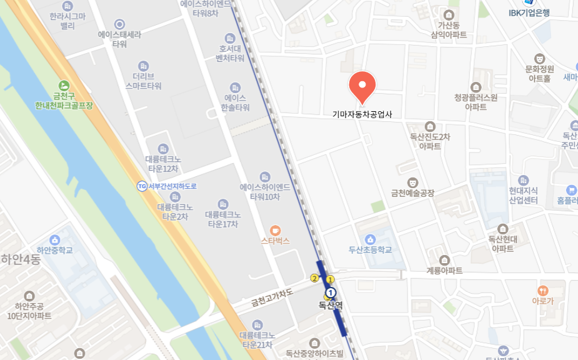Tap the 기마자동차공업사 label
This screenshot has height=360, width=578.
tap(362, 114)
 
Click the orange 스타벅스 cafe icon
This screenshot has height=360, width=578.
tap(275, 229)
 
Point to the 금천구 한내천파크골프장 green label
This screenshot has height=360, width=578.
tap(64, 101)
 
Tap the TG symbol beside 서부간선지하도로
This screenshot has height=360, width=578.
tap(142, 186)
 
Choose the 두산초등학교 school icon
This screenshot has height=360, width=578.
tap(371, 239)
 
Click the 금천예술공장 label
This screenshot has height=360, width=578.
tap(412, 193)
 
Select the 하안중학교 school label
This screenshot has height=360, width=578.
tap(54, 250)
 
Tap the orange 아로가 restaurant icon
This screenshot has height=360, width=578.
tap(542, 291)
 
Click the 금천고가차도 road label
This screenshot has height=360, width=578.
tap(272, 297)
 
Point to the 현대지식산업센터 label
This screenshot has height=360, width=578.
tap(523, 196)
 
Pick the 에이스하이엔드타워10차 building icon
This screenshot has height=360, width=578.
tap(265, 177)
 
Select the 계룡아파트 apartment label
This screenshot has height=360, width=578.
tap(444, 271)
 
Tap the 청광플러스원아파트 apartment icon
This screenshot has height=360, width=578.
tap(476, 87)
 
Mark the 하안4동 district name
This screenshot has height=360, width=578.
tap(21, 259)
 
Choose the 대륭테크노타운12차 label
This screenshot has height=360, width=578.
tap(162, 164)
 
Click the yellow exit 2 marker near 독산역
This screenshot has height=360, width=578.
tap(314, 278)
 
